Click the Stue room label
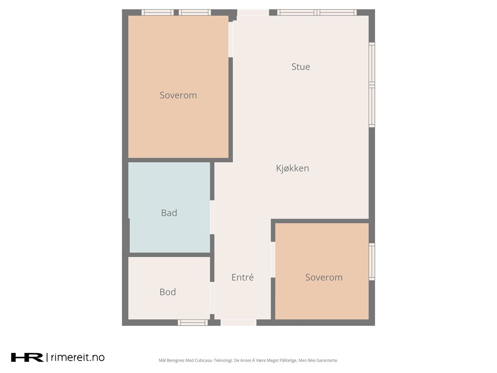pos(300,67)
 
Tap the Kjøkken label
pos(292,168)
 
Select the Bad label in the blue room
pos(169,213)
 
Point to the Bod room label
pos(167,292)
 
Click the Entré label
pos(242,277)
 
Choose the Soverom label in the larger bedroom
pos(178,95)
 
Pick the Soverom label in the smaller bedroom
pos(324,277)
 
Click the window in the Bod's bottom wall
pos(193,322)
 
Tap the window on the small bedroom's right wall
pos(372,262)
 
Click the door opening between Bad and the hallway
pos(212,217)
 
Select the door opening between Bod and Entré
pos(212,298)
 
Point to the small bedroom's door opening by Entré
pos(273,260)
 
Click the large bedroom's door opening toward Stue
pos(230,39)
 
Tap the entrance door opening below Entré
pos(238,322)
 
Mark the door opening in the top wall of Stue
pos(253,12)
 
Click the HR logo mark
pos(27,357)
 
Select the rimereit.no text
pos(78,357)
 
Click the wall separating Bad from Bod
pos(170,255)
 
